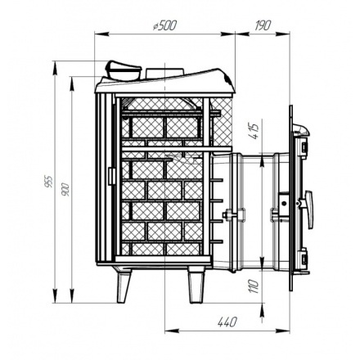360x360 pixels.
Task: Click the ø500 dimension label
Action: click(165, 25)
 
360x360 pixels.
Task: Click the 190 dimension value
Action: click(263, 25)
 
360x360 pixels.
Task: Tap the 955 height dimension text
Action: click(48, 182)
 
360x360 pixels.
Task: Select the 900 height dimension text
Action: click(65, 189)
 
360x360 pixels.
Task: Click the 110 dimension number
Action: click(254, 286)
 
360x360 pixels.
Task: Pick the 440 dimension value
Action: click(227, 322)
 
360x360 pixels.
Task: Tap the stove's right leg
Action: click(196, 285)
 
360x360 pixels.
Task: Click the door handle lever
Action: click(309, 209)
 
